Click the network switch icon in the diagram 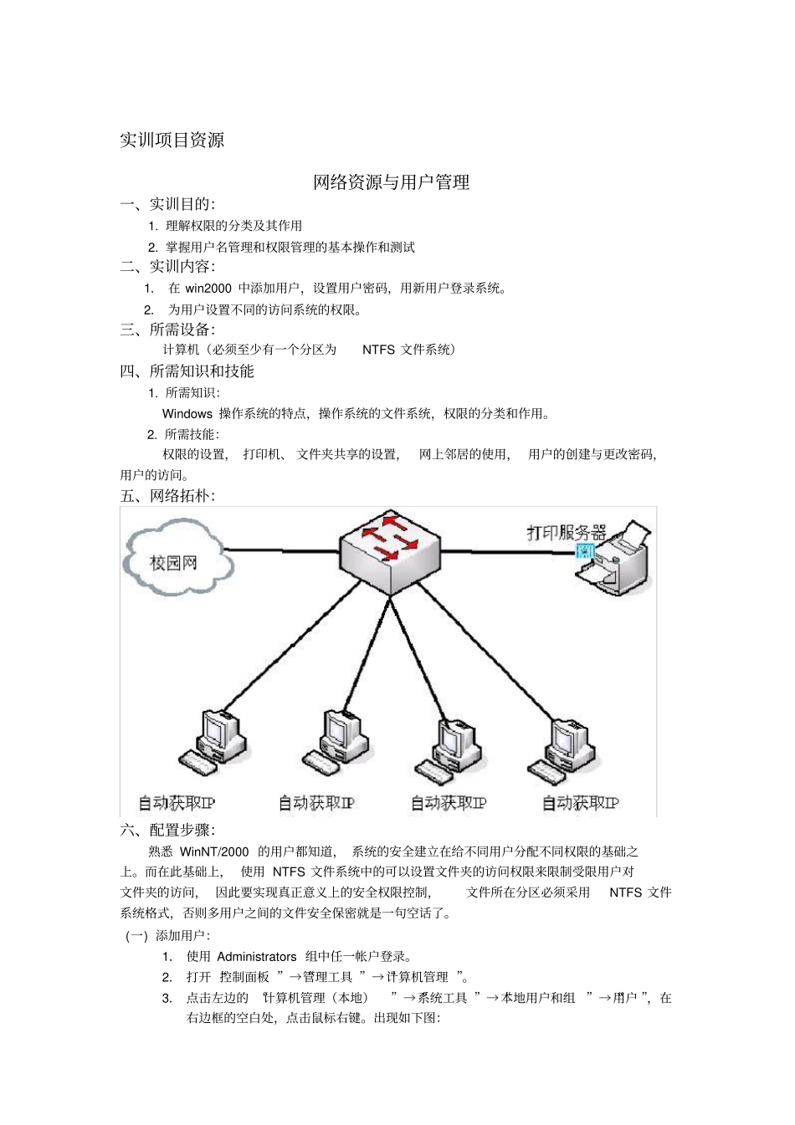click(x=390, y=550)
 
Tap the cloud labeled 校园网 click(x=174, y=559)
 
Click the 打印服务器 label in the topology click(x=566, y=533)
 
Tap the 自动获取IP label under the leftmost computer click(x=177, y=803)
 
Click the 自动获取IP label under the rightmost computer click(x=580, y=803)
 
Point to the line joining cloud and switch click(x=281, y=550)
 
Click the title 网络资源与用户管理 click(x=391, y=182)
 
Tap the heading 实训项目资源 click(x=172, y=140)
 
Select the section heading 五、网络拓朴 click(x=167, y=496)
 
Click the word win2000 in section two click(x=208, y=289)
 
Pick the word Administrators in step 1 click(x=256, y=957)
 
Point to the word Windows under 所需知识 click(x=187, y=413)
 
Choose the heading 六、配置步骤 click(x=167, y=830)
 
